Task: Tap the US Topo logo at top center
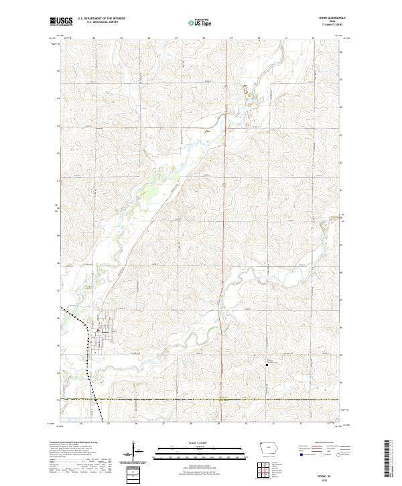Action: pyautogui.click(x=194, y=22)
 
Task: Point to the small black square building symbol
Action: pyautogui.click(x=267, y=365)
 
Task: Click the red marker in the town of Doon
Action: pyautogui.click(x=101, y=330)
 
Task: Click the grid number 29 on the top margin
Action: pyautogui.click(x=231, y=38)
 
